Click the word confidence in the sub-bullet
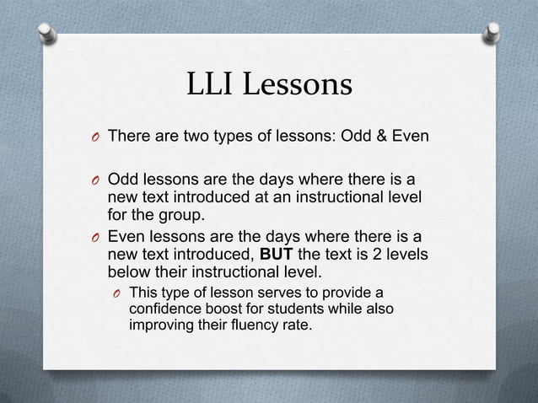point(167,309)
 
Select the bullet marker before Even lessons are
point(94,239)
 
